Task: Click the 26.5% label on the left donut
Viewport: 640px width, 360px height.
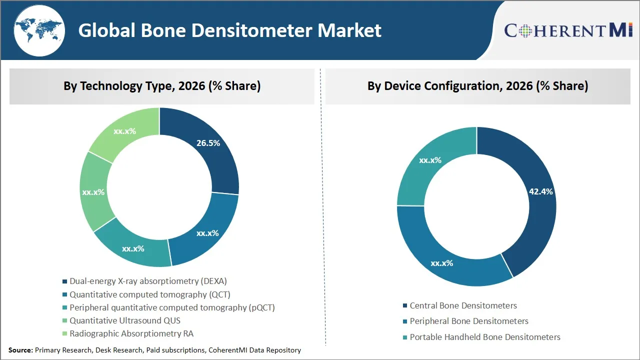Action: pos(208,143)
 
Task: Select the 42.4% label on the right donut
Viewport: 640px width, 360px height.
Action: pos(540,191)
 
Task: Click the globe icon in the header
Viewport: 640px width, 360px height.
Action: pos(38,30)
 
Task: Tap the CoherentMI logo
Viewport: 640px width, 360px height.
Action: pos(568,30)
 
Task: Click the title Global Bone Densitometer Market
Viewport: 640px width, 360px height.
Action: pos(229,30)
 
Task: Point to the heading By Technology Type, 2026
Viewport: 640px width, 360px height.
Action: pos(162,86)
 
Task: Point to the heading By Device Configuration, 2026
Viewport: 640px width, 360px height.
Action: pos(477,86)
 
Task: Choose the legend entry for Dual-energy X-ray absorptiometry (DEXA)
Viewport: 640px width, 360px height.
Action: pos(148,281)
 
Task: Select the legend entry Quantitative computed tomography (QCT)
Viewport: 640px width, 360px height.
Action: pos(149,295)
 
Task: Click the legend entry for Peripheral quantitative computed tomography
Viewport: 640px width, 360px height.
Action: pos(172,307)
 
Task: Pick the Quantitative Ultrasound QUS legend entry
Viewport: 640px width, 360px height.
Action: pos(124,320)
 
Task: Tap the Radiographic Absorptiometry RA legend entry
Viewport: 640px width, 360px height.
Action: pos(131,333)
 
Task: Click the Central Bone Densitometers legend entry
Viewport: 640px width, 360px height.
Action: pos(463,305)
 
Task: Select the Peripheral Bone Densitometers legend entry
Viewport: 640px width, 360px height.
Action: pos(468,321)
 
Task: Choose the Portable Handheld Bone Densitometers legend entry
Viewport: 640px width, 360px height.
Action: pos(484,337)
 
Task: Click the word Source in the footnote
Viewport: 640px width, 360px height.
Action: pos(20,350)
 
